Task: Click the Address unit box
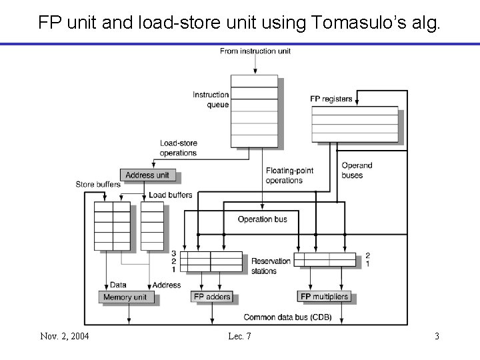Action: [148, 175]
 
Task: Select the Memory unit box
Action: [126, 297]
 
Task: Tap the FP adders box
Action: [211, 297]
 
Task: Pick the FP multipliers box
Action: [324, 297]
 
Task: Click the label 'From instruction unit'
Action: [255, 51]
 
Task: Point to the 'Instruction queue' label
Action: [211, 99]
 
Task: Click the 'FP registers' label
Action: [331, 99]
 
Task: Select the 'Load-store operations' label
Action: [178, 148]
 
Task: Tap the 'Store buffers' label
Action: [98, 184]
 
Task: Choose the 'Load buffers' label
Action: [171, 195]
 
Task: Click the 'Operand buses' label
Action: [357, 170]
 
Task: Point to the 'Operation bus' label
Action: [263, 219]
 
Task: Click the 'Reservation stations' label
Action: [271, 265]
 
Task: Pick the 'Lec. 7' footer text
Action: [239, 336]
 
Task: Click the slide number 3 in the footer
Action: [437, 336]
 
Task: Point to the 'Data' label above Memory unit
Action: [118, 285]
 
